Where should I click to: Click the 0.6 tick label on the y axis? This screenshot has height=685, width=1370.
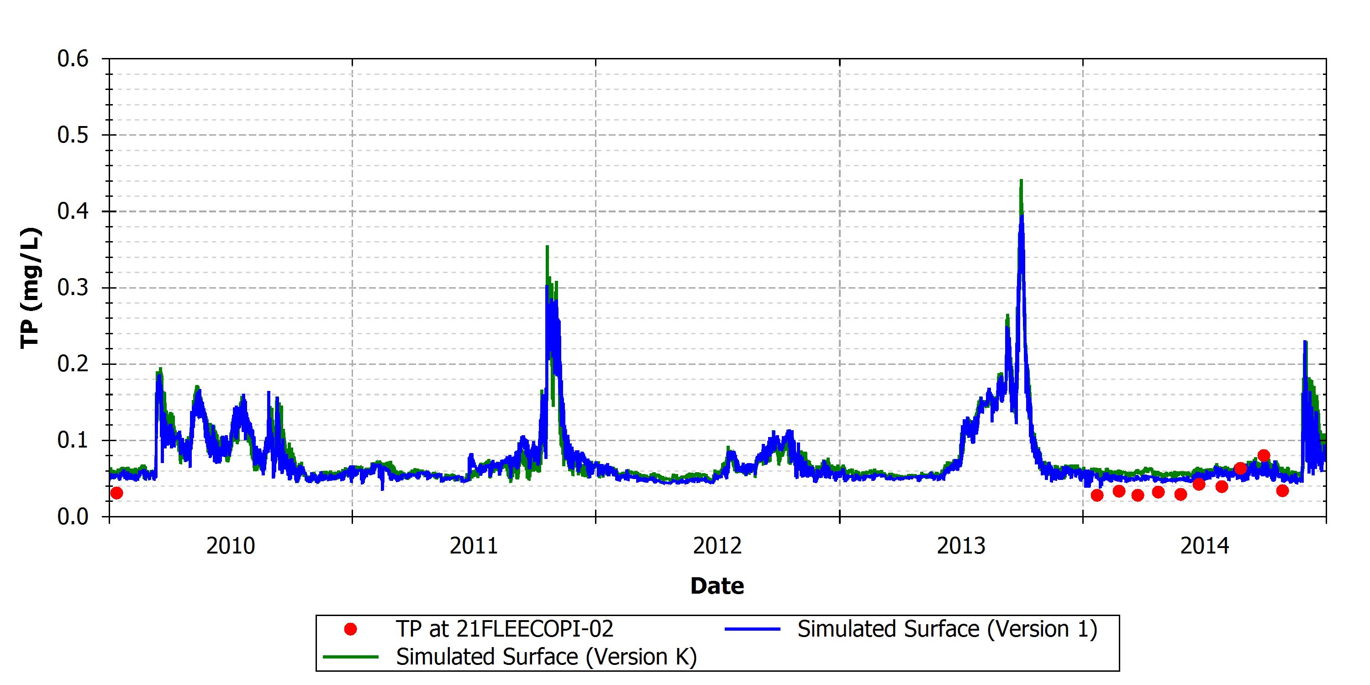tap(73, 59)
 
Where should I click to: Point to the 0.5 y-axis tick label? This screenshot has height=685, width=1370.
tap(73, 135)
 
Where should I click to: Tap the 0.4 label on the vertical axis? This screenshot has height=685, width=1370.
tap(73, 212)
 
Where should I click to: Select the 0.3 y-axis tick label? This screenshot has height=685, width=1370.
tap(73, 288)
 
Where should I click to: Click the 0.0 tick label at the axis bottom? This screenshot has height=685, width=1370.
tap(73, 516)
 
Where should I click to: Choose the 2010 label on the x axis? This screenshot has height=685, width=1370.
tap(231, 546)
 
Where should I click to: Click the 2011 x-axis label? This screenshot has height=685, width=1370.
tap(474, 546)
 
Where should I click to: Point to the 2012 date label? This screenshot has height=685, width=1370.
tap(717, 546)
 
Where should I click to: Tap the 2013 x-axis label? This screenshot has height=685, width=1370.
tap(961, 546)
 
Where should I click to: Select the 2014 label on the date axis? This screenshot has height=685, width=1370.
tap(1205, 546)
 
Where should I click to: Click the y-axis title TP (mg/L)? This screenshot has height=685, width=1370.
tap(30, 288)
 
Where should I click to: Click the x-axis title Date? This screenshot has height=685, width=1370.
tap(717, 586)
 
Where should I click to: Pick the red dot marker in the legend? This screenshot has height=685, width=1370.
tap(350, 630)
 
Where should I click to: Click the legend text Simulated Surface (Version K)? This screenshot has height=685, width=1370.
tap(546, 657)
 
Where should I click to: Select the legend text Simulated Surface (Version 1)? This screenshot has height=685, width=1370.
tap(948, 629)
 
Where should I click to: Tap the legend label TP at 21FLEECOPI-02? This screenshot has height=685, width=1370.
tap(504, 629)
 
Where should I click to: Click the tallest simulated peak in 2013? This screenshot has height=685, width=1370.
tap(1021, 181)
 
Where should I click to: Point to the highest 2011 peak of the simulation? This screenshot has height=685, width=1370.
tap(547, 247)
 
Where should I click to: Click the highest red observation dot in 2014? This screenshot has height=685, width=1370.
tap(1264, 456)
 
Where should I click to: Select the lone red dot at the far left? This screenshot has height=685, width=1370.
tap(116, 494)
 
